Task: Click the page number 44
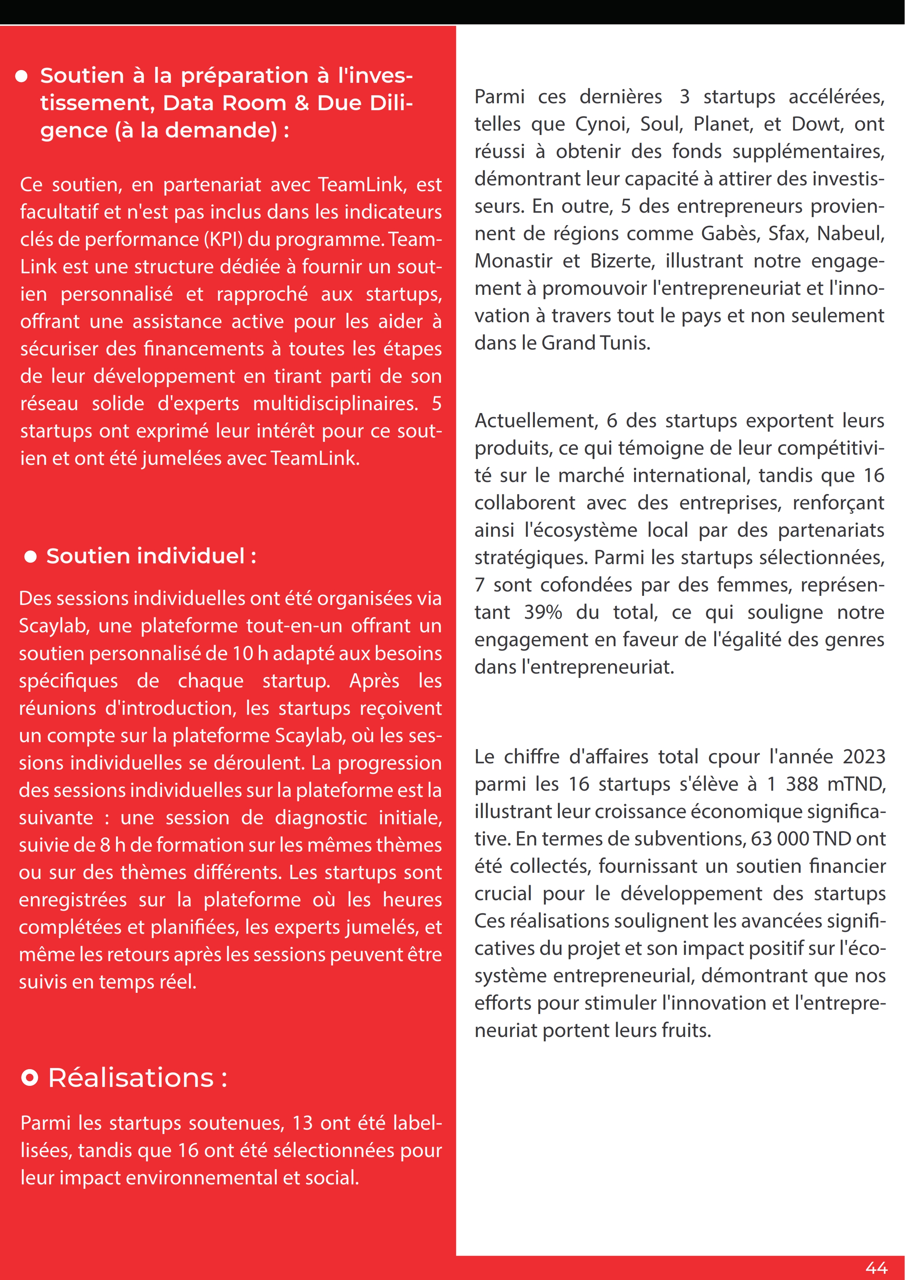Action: click(x=876, y=1267)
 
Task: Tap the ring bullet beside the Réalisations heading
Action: click(x=30, y=1077)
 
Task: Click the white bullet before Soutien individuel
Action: click(x=31, y=556)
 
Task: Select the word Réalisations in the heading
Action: click(x=131, y=1077)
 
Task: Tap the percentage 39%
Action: click(x=543, y=612)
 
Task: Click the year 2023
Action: click(x=864, y=756)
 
